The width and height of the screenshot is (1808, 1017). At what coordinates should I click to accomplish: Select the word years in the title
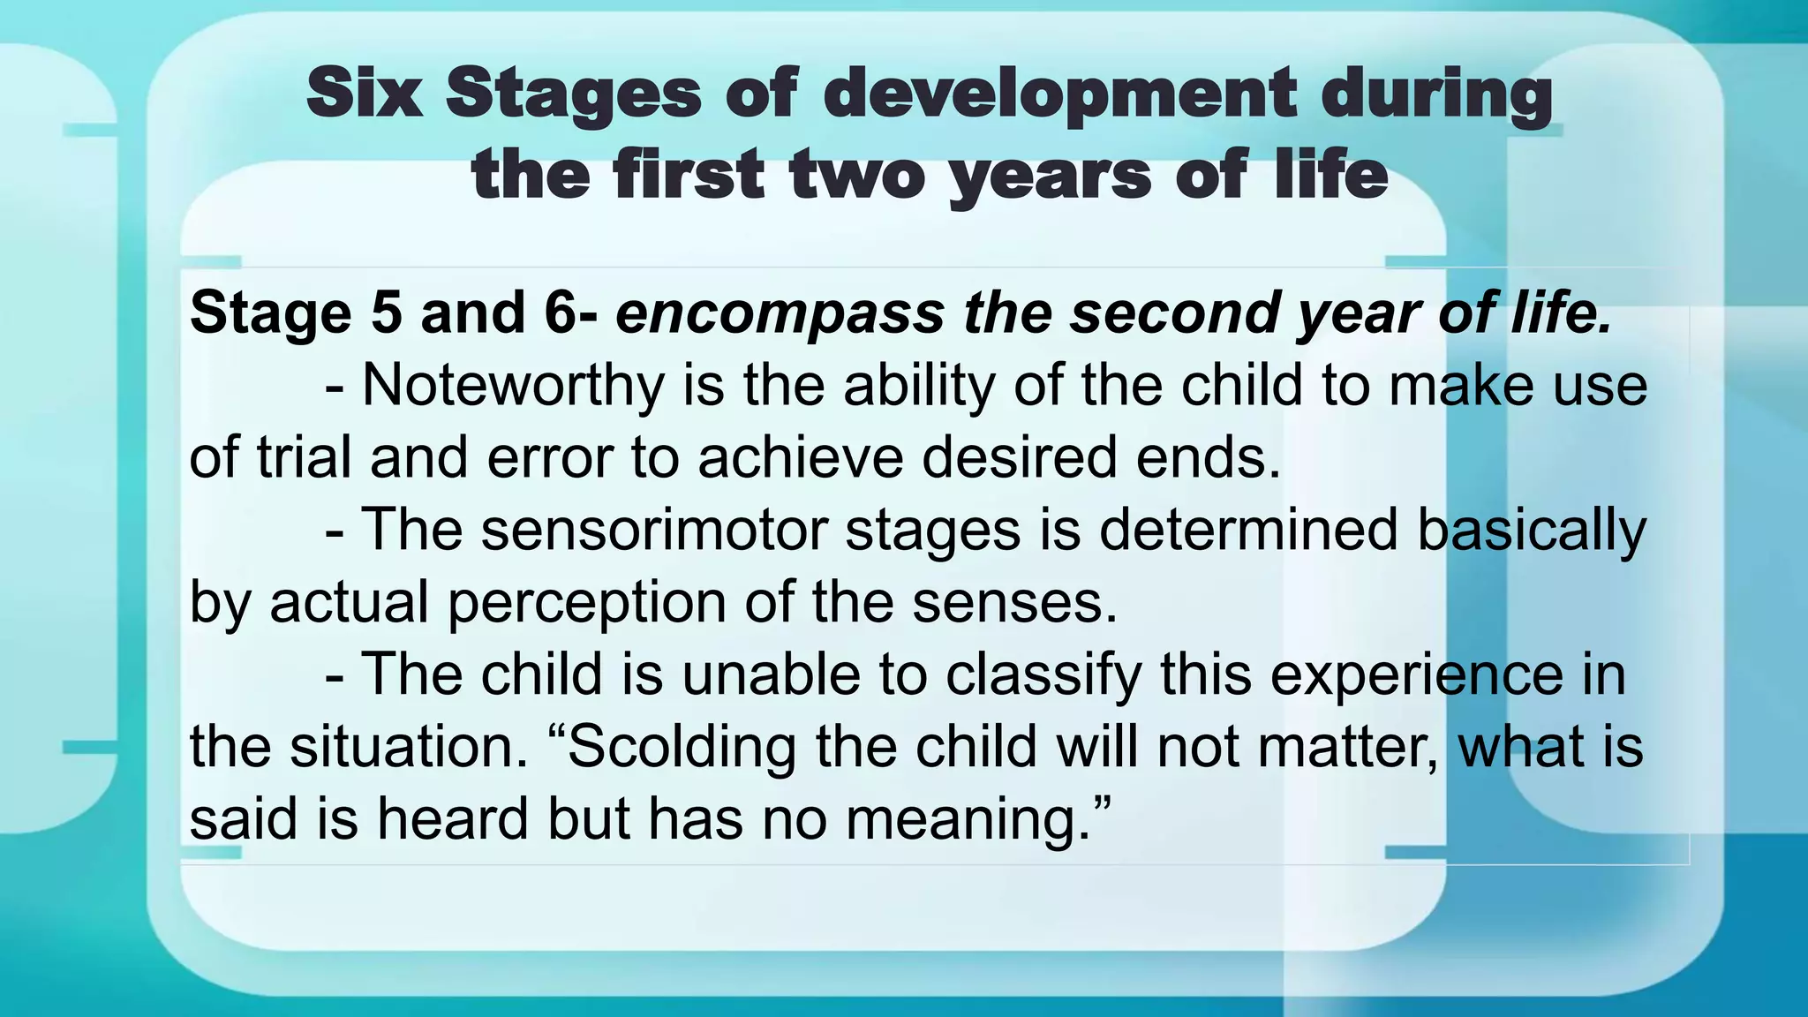pyautogui.click(x=1051, y=175)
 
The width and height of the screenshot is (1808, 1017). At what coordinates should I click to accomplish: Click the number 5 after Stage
pyautogui.click(x=386, y=313)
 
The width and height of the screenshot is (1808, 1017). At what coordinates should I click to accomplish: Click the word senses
pyautogui.click(x=1014, y=603)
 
